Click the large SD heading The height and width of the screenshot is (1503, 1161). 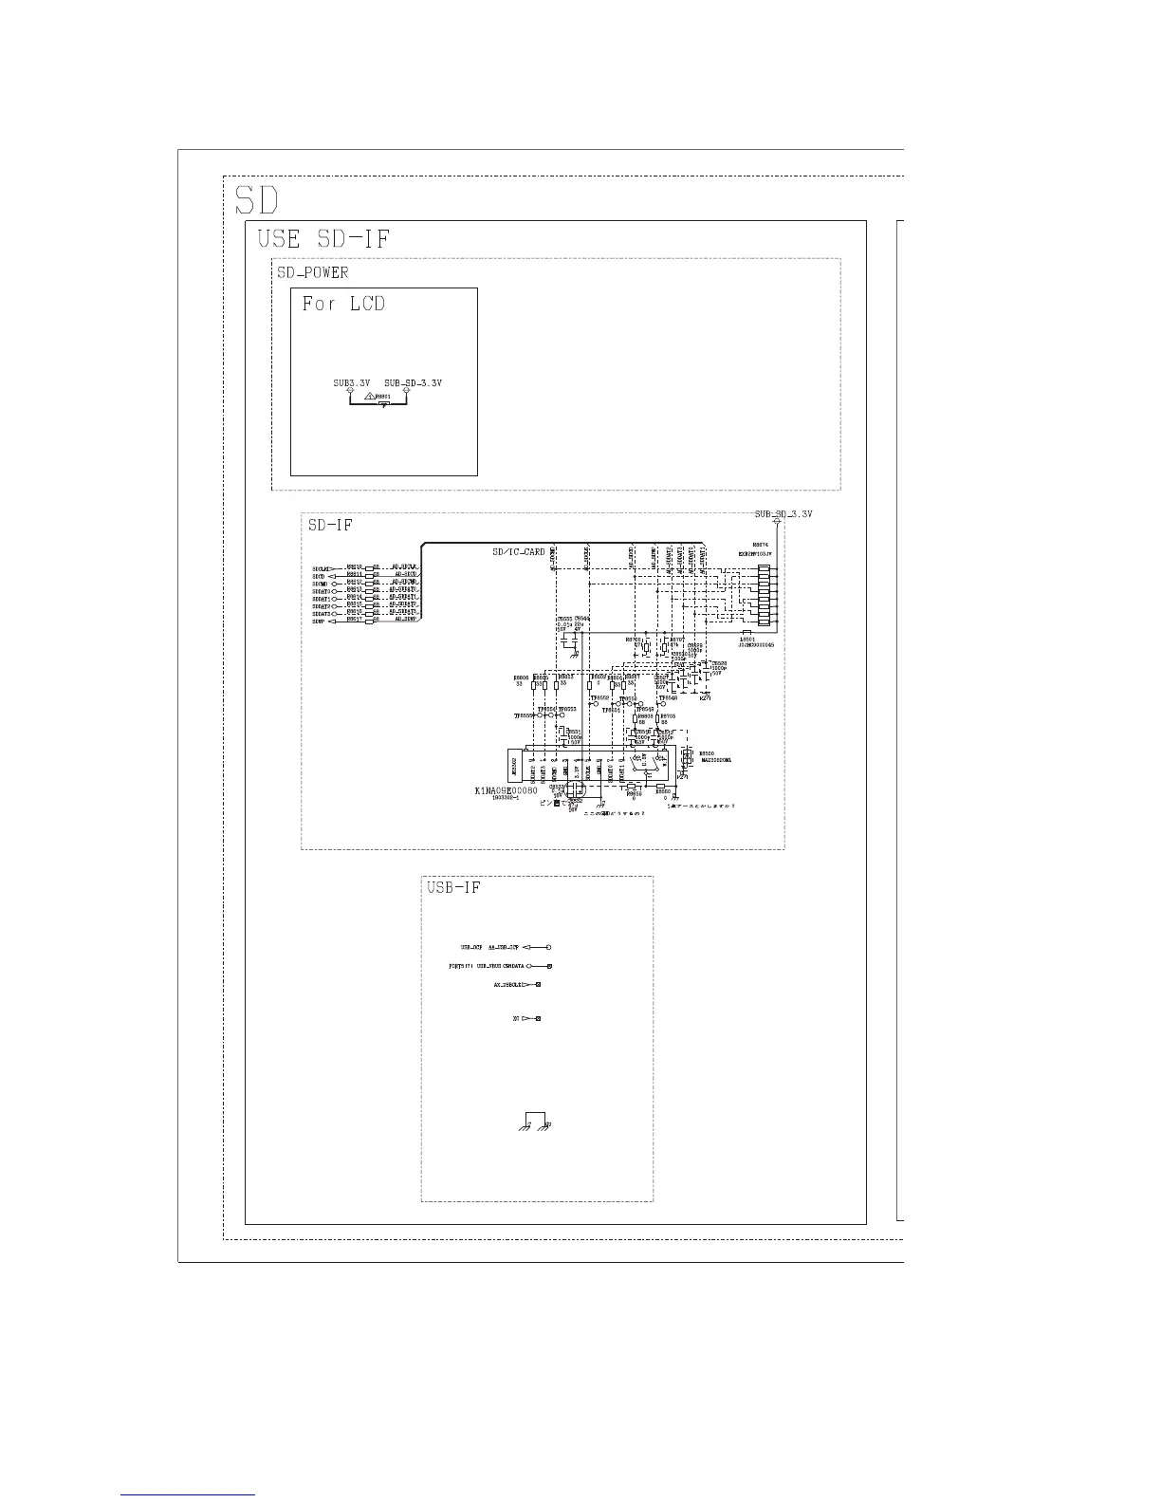click(256, 200)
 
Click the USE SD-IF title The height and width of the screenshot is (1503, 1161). click(323, 239)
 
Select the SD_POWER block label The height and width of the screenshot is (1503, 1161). click(312, 272)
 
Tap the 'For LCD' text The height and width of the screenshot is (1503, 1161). click(343, 305)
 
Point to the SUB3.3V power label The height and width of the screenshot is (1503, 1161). click(351, 383)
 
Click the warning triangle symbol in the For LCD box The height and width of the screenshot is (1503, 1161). click(369, 396)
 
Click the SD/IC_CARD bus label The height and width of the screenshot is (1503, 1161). click(518, 552)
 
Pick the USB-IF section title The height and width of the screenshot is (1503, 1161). click(453, 887)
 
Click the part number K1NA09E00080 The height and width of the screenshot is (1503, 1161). click(506, 790)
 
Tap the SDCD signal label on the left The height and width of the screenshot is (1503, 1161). click(319, 575)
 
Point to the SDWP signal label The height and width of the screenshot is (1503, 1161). click(319, 621)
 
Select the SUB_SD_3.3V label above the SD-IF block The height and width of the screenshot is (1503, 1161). click(783, 514)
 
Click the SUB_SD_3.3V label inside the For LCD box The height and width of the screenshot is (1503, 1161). click(413, 383)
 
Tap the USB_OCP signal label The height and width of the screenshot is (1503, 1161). click(471, 947)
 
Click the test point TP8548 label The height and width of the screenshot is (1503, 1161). click(667, 697)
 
